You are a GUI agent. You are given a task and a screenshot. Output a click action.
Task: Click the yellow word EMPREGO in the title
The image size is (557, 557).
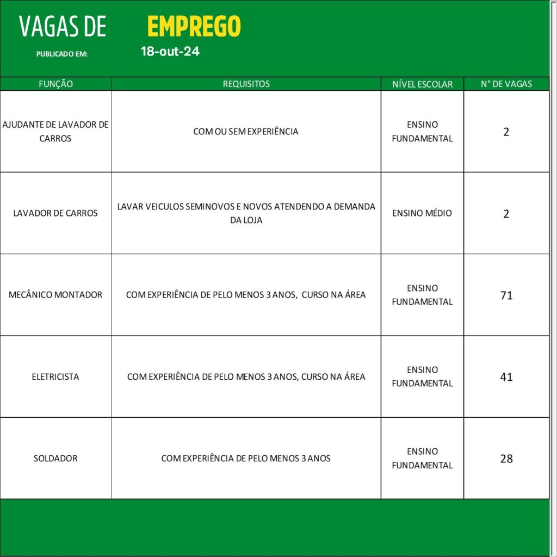click(194, 26)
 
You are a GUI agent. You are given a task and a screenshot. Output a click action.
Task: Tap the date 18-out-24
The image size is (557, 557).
click(170, 52)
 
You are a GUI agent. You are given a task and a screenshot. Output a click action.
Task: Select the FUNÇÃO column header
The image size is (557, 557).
click(55, 84)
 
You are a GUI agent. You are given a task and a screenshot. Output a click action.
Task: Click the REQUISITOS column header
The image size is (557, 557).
click(246, 84)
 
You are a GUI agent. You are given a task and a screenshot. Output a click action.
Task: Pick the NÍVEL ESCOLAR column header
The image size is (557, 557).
click(422, 84)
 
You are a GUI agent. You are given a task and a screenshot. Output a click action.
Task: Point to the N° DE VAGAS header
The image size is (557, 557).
click(506, 84)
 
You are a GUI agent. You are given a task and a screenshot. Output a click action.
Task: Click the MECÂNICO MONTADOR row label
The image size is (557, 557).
click(55, 295)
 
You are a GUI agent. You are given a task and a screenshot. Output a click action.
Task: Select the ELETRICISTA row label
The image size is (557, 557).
click(55, 376)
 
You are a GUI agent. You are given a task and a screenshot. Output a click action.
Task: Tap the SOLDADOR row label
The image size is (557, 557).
click(55, 459)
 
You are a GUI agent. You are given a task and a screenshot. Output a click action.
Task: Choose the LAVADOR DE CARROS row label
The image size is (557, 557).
click(55, 213)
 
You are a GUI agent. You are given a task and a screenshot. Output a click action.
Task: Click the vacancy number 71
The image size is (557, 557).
click(506, 295)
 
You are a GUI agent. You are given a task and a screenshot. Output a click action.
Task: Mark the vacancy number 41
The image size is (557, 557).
click(506, 377)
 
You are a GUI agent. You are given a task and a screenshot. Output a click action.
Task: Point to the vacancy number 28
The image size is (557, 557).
click(506, 459)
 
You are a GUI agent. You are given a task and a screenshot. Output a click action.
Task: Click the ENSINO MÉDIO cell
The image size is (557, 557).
click(422, 213)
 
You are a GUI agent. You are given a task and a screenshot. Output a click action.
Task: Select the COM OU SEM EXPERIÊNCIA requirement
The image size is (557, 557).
click(246, 132)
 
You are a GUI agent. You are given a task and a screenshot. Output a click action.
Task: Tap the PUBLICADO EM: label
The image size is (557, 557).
click(62, 54)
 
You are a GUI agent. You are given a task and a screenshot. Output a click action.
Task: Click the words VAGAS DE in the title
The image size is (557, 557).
click(63, 27)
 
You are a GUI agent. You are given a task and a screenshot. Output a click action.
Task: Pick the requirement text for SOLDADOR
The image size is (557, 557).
click(246, 459)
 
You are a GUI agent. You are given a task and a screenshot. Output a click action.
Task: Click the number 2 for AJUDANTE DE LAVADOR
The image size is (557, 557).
click(506, 132)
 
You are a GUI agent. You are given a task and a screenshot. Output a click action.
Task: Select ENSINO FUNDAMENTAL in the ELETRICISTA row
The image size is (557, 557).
click(422, 376)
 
